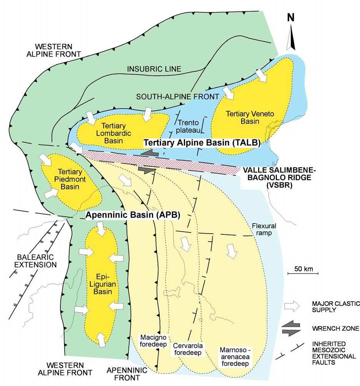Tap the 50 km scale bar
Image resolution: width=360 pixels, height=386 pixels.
click(x=303, y=273)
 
